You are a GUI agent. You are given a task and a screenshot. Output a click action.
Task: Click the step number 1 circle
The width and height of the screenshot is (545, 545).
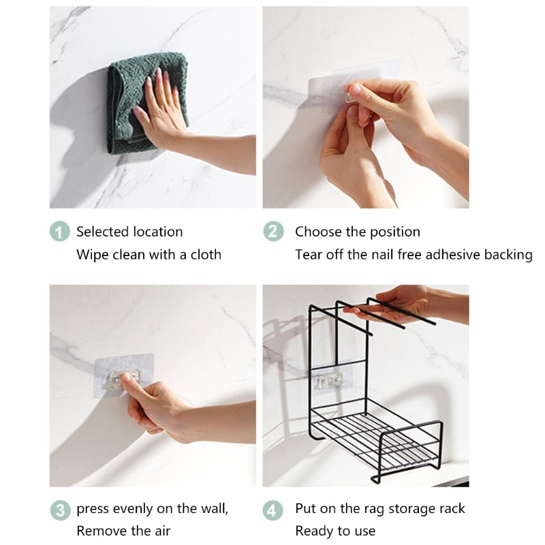pos(61,232)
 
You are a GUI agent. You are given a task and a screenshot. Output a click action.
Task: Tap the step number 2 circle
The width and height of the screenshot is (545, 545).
pos(273,232)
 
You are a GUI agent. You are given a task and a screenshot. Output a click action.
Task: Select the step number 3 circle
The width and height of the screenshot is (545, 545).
pos(61,510)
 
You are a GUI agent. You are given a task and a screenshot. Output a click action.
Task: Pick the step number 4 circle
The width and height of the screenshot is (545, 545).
pos(273,510)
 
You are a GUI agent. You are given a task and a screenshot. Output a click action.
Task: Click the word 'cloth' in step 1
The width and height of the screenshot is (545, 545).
pos(205,254)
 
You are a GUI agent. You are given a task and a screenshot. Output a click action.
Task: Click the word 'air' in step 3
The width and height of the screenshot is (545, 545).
pos(161,531)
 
